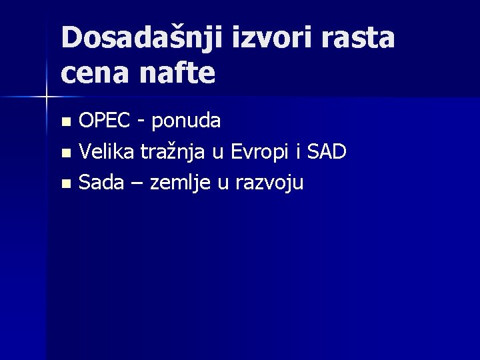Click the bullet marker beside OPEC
click(x=65, y=122)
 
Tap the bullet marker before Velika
click(x=65, y=153)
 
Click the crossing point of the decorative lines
click(x=46, y=97)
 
